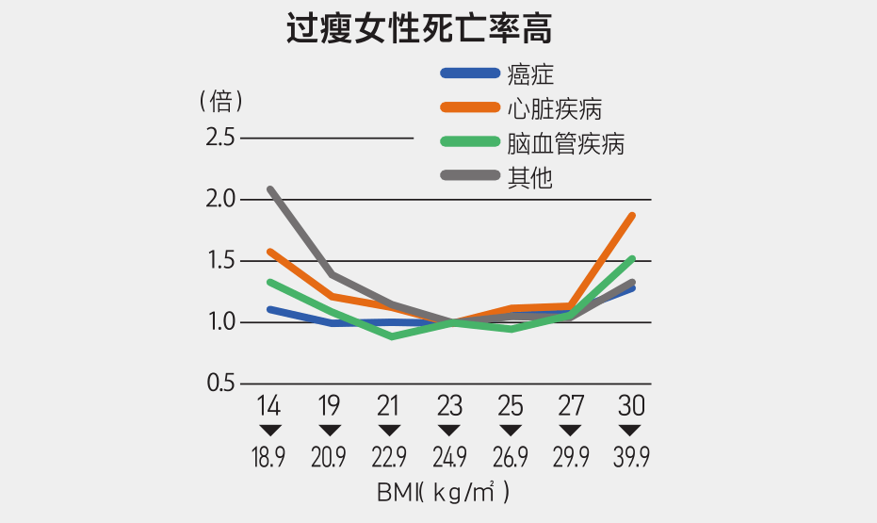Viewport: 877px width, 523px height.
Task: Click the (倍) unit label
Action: [x=221, y=100]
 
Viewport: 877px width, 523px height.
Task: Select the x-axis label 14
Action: [x=268, y=407]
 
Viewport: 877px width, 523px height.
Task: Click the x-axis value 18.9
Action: [x=268, y=459]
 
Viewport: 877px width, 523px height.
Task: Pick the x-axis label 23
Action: [x=449, y=407]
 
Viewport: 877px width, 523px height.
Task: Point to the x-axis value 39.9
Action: [x=630, y=459]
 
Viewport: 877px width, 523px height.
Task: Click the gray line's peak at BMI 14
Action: [x=270, y=189]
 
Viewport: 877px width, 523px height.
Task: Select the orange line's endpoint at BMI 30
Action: [x=632, y=216]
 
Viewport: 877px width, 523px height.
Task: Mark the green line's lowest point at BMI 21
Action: [x=391, y=336]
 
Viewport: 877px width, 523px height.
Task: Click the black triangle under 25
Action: [x=510, y=431]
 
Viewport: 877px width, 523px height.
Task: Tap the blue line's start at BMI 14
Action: [x=270, y=309]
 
